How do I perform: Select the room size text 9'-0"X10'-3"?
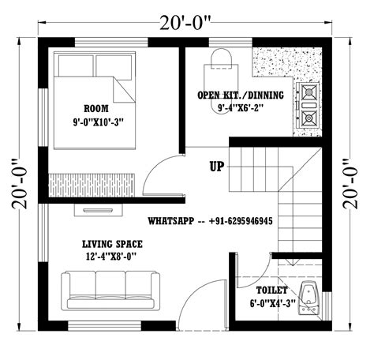click(97, 122)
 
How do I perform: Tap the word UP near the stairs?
click(218, 167)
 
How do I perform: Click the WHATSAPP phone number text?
click(210, 222)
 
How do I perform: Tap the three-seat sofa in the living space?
click(110, 290)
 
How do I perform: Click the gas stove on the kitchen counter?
click(309, 107)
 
